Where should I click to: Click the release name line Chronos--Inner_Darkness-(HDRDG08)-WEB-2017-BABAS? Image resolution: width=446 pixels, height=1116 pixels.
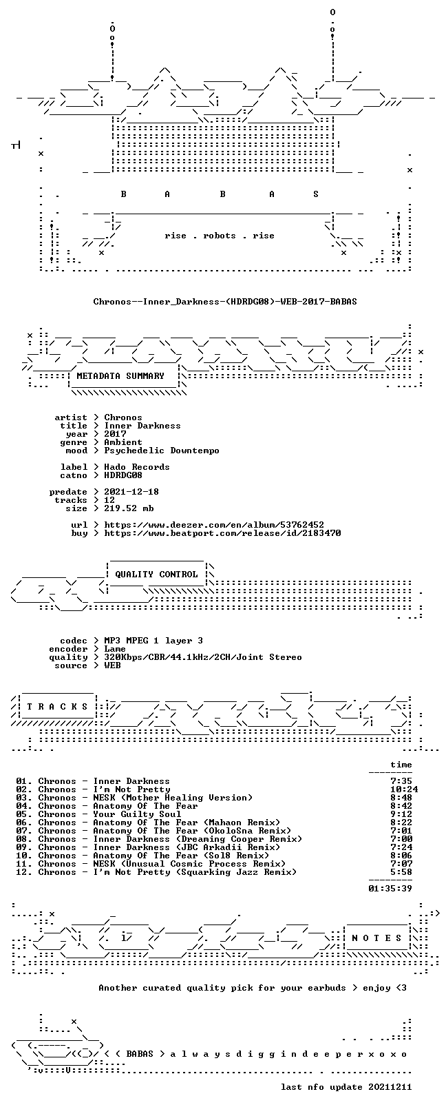(225, 302)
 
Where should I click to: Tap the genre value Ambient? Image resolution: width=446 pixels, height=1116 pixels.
(123, 442)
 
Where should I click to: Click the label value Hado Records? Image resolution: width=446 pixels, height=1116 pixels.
(137, 467)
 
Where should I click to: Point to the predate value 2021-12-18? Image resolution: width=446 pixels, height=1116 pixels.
(131, 492)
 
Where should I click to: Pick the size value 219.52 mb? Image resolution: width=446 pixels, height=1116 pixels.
(129, 508)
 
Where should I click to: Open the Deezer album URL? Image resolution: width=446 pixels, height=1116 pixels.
(214, 525)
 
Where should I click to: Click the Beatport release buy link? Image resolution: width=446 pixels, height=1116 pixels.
(222, 533)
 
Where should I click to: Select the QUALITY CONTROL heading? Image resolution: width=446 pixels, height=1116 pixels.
(156, 575)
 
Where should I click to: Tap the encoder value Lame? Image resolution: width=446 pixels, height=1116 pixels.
(115, 649)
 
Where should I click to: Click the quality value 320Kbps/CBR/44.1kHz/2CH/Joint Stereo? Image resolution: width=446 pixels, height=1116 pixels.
(203, 657)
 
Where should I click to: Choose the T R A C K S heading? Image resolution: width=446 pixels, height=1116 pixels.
(57, 707)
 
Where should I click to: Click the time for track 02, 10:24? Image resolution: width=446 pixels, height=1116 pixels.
(404, 789)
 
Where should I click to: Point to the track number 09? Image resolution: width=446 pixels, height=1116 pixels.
(21, 847)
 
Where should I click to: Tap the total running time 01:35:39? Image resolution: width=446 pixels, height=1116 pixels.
(390, 888)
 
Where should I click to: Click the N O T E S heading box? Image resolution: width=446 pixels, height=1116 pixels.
(376, 938)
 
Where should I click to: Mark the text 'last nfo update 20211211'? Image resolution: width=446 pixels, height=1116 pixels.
(346, 1086)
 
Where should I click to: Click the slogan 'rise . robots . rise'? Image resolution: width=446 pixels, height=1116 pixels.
(220, 236)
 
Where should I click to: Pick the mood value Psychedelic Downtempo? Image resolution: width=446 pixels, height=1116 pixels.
(162, 451)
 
